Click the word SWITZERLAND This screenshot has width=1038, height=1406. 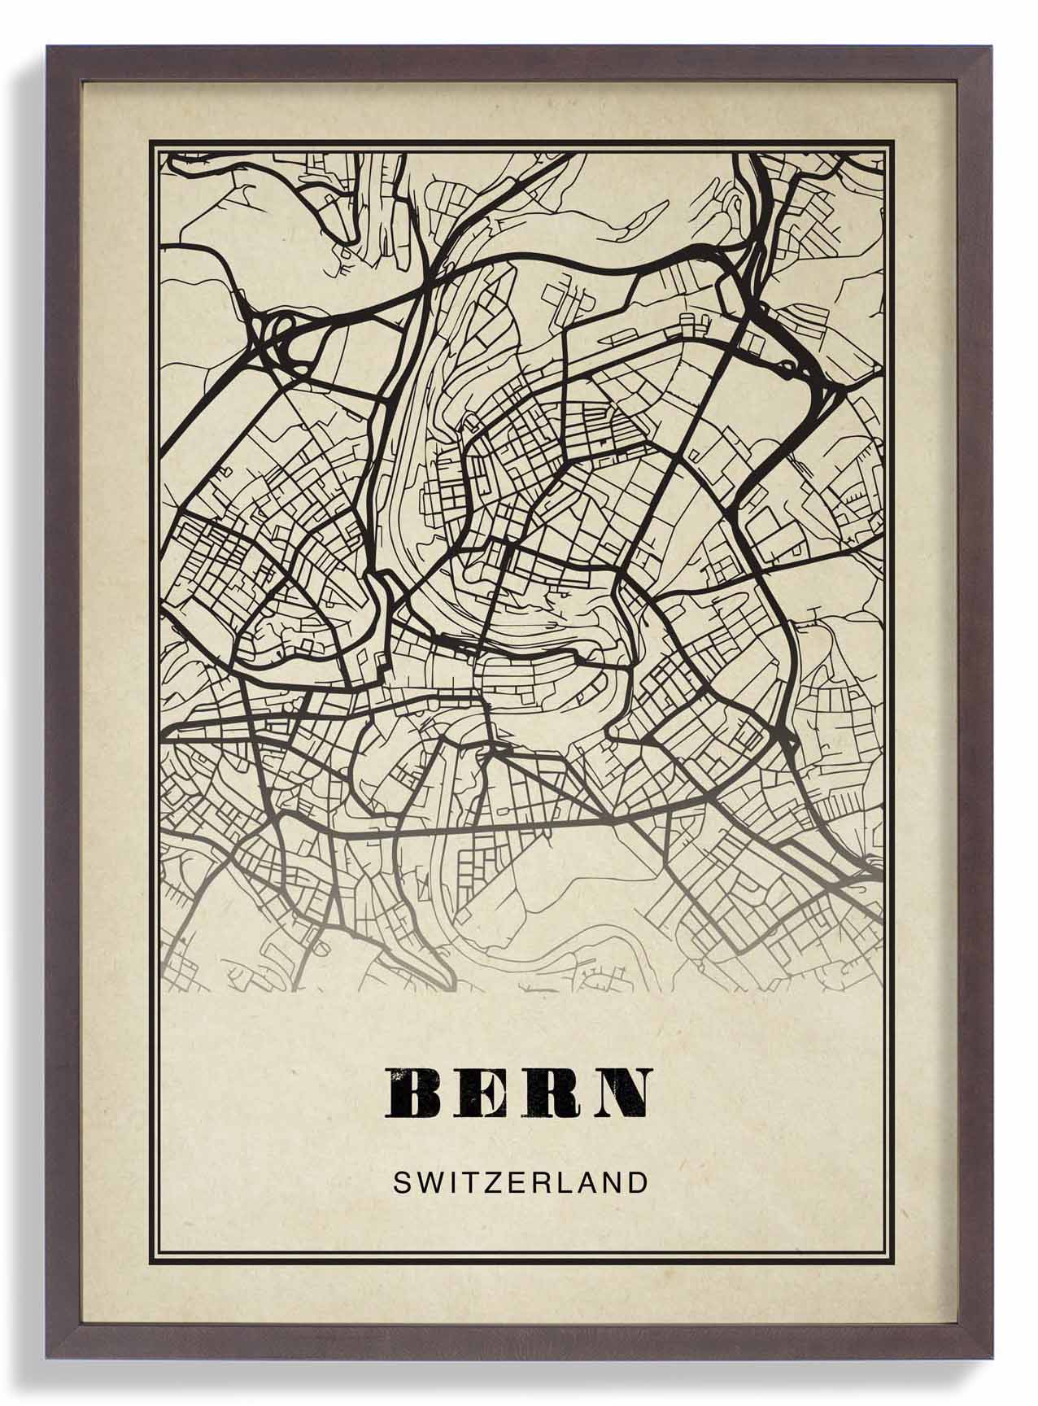[520, 1182]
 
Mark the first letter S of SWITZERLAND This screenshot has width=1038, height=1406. [401, 1182]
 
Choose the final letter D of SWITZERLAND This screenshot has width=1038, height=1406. [639, 1182]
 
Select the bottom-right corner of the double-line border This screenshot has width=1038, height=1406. [892, 1271]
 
